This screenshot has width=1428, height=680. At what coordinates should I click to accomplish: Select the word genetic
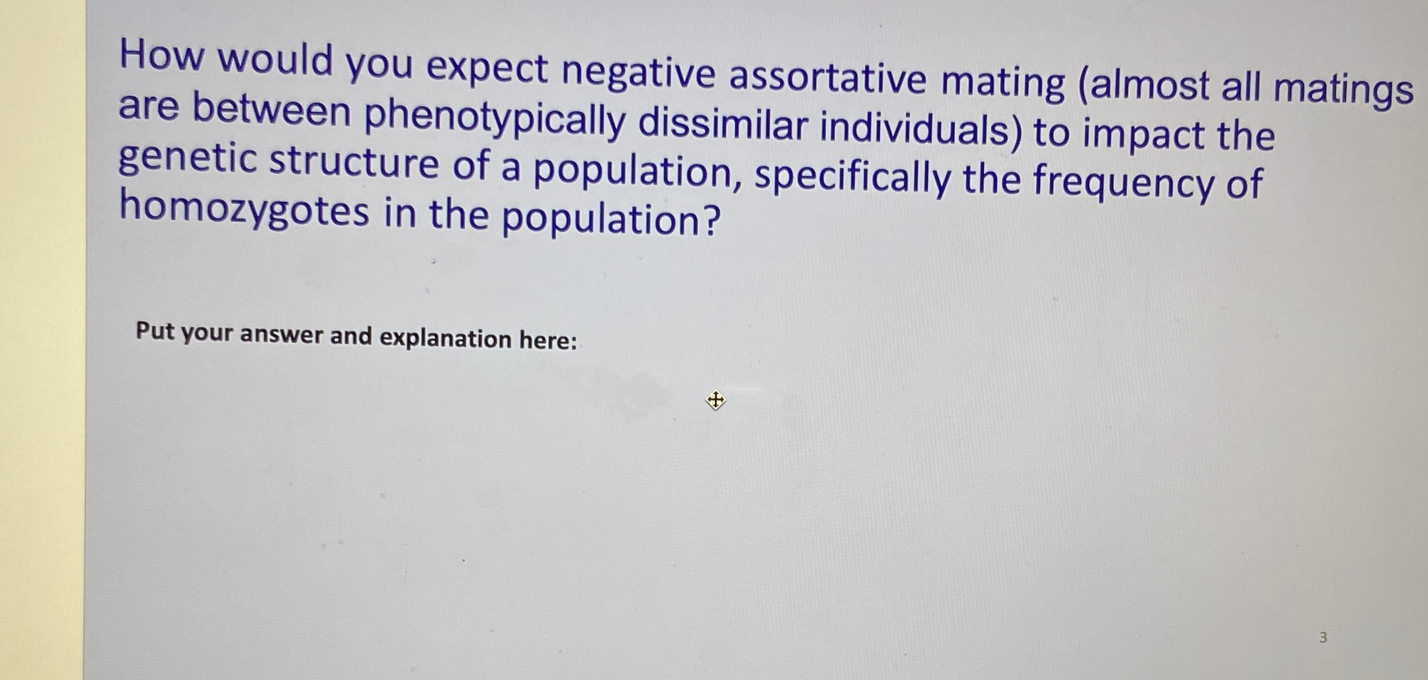pos(187,159)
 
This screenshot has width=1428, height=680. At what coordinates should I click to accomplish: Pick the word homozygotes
pos(244,209)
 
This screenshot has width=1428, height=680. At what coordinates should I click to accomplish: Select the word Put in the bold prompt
pos(154,331)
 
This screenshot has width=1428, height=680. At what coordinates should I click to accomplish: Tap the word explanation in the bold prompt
pos(445,338)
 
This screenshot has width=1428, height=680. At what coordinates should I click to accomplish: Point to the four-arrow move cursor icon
pos(716,399)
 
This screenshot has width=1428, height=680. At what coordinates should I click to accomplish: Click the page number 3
pos(1322,637)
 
